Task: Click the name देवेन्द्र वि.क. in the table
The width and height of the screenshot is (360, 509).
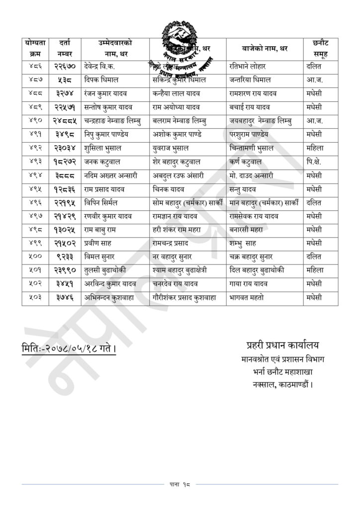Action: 101,67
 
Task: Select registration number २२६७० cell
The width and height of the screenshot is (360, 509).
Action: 65,67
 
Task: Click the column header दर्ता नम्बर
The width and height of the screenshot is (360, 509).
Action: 65,49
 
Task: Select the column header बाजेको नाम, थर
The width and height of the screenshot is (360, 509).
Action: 264,49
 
